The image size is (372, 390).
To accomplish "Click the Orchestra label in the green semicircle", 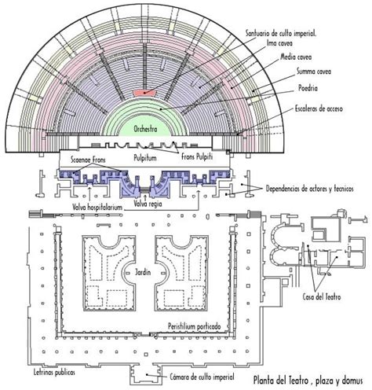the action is (145, 129).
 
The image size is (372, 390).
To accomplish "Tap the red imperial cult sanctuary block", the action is (144, 92).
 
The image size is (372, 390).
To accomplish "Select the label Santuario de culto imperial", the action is (281, 34).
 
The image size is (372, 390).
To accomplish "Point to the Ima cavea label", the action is (279, 43).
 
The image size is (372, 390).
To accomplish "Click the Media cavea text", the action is (296, 57).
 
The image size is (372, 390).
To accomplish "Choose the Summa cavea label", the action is (314, 72).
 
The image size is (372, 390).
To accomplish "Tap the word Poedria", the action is (308, 88).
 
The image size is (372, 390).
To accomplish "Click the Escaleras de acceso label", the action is (319, 109).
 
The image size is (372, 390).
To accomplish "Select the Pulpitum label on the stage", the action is (145, 158).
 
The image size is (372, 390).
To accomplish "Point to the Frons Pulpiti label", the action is (197, 156).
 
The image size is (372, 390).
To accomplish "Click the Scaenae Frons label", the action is (88, 160).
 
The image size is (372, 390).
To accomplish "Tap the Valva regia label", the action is (148, 204).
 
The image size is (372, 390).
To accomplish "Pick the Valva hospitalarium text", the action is (97, 208).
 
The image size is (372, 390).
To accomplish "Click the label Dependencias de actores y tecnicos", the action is (310, 189).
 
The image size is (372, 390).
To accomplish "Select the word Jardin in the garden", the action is (143, 272).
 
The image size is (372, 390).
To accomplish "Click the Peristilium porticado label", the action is (194, 326).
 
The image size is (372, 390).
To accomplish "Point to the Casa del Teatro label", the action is (322, 297).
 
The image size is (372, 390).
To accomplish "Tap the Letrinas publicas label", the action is (54, 372).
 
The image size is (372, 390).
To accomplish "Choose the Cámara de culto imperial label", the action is (202, 377).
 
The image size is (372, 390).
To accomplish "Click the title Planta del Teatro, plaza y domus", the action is (308, 381).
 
